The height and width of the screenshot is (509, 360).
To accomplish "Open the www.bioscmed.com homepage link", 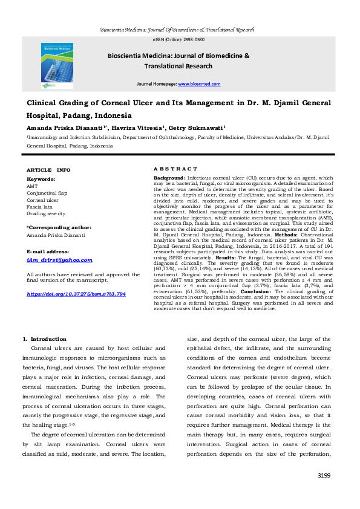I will pyautogui.click(x=203, y=84).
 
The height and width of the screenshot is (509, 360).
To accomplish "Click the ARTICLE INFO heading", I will pyautogui.click(x=48, y=170).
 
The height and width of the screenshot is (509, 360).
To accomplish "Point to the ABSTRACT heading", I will pyautogui.click(x=175, y=169).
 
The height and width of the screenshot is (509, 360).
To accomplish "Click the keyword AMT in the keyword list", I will pyautogui.click(x=32, y=187).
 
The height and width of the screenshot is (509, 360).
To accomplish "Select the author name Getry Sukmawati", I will pyautogui.click(x=200, y=128).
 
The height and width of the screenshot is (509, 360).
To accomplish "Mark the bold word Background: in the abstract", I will pyautogui.click(x=169, y=179).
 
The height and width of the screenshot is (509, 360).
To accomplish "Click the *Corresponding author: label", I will pyautogui.click(x=58, y=227).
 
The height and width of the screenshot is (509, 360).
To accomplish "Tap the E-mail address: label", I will pyautogui.click(x=49, y=250).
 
